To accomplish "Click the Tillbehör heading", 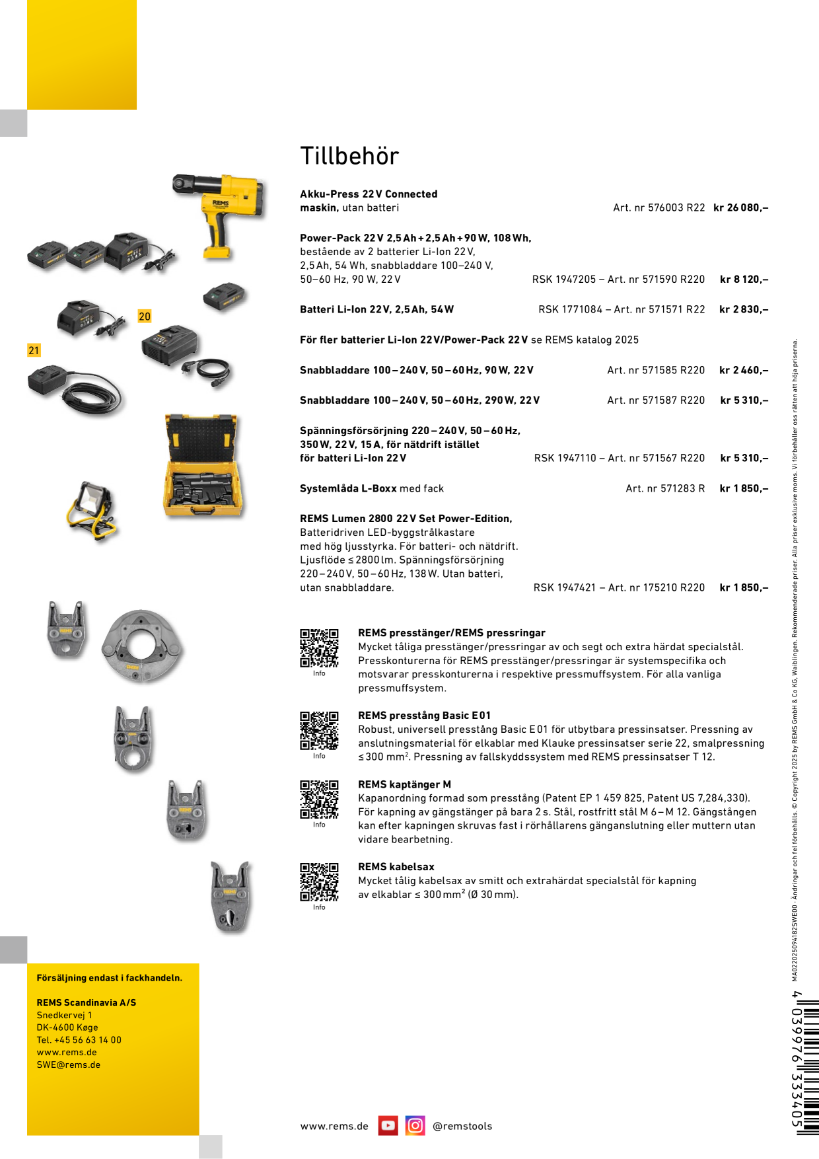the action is click(349, 156).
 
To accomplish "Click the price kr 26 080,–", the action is click(740, 207).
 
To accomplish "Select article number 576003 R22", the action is click(659, 207).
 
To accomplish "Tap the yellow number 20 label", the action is click(145, 317).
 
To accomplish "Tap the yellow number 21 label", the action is click(34, 350).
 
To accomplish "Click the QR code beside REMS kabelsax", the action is click(319, 881).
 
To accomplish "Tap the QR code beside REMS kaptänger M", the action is click(319, 800).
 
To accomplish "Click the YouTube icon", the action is click(388, 1125).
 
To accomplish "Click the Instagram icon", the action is click(415, 1125).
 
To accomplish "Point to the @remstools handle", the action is click(462, 1126).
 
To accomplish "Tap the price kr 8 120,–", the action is click(744, 280).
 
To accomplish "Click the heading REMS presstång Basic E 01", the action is click(424, 716).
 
